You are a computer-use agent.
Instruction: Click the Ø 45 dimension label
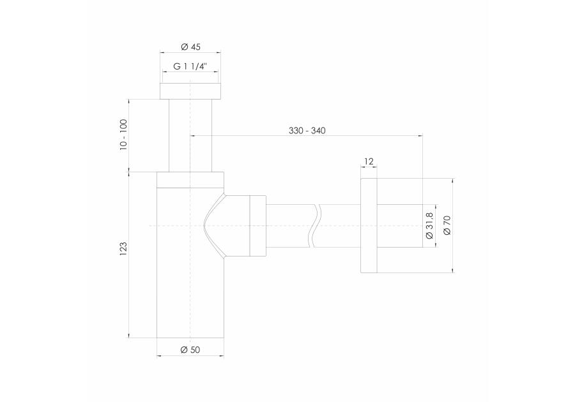[190, 47]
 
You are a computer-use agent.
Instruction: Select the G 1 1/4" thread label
[190, 66]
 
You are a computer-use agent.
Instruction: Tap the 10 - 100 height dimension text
[123, 135]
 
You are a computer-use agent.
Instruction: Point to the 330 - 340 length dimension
[307, 130]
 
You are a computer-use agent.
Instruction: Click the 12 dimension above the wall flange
[369, 161]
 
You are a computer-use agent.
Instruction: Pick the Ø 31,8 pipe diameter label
[429, 225]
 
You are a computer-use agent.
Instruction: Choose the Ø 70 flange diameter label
[447, 225]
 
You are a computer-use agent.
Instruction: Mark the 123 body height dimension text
[123, 249]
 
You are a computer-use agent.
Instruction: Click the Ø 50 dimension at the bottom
[190, 350]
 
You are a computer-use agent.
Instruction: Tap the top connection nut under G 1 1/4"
[190, 91]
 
